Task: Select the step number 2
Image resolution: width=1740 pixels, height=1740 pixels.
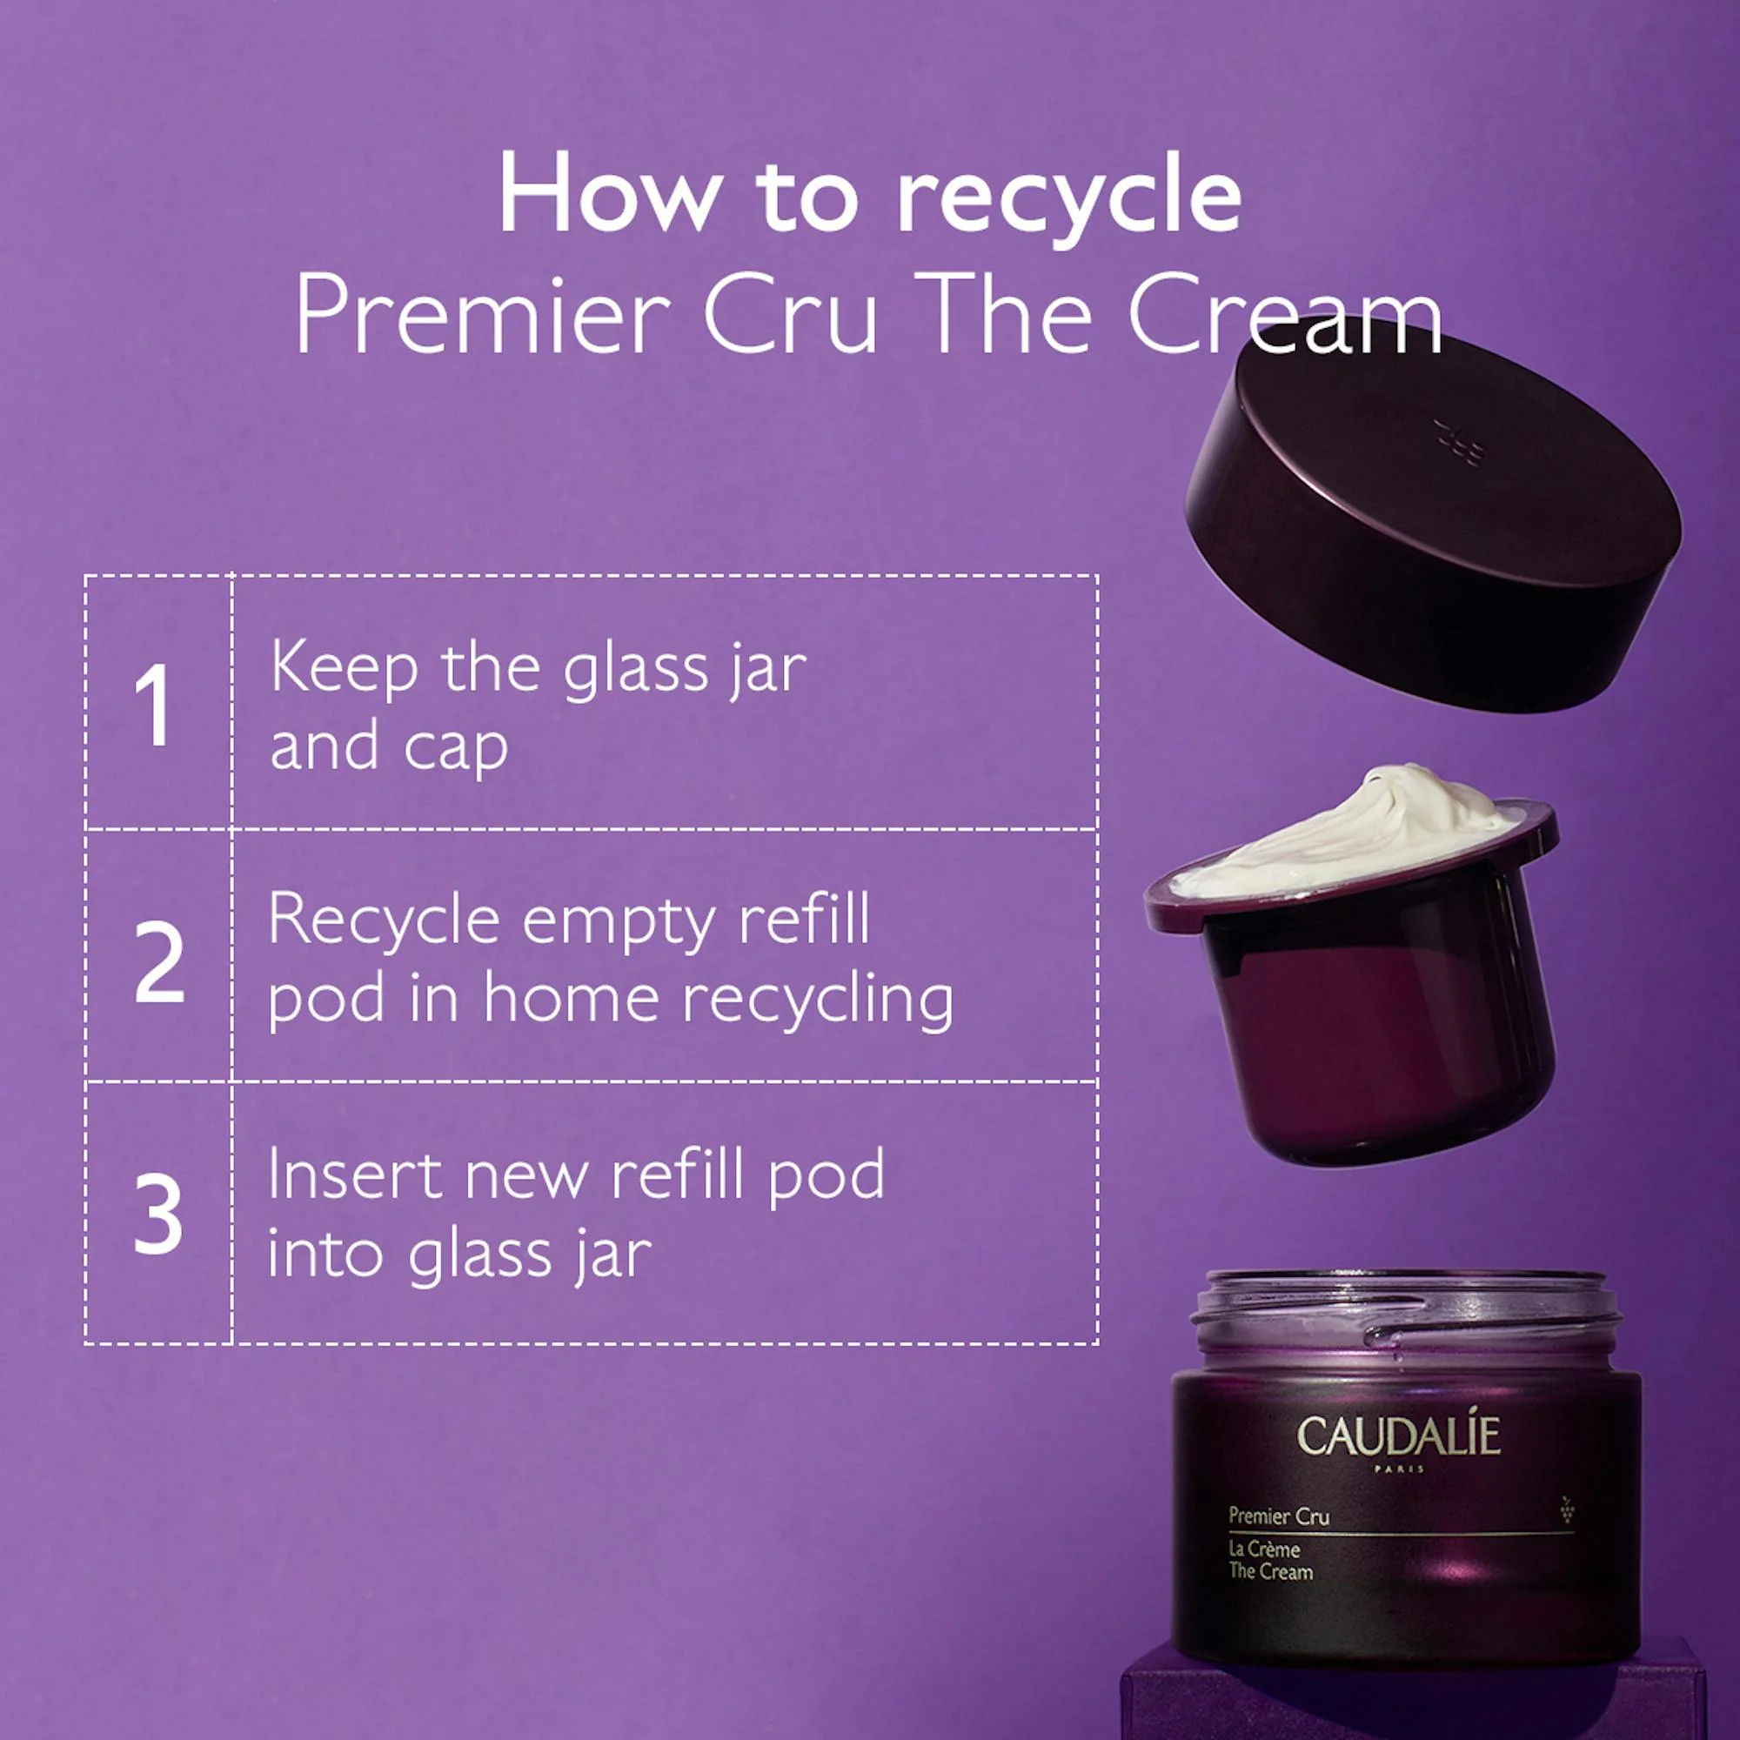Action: pos(159,962)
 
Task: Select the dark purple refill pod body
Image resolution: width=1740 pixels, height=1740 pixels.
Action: pos(1378,1035)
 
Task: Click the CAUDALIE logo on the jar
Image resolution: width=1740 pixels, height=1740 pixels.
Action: pos(1399,1436)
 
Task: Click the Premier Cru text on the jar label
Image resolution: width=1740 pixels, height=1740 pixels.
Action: pos(1278,1516)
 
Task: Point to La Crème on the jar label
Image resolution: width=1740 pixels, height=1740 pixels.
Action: pos(1263,1549)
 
